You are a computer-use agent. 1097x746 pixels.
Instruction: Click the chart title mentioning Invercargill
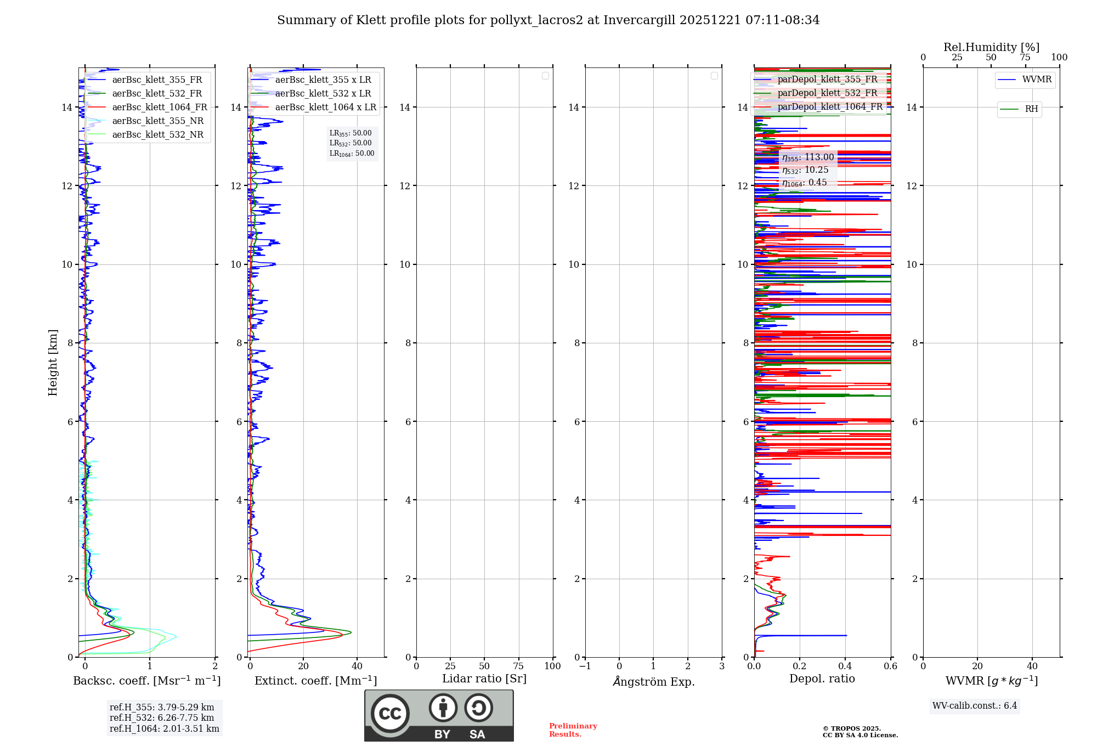click(548, 20)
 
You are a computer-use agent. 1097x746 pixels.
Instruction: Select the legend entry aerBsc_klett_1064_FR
click(159, 108)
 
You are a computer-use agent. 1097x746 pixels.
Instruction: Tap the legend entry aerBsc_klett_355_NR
click(157, 121)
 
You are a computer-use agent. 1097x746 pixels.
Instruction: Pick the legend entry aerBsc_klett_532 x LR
click(323, 94)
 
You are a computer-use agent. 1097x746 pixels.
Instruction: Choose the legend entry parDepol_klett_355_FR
click(827, 80)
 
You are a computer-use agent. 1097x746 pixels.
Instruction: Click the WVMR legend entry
click(1036, 80)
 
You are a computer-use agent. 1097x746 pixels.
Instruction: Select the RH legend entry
click(1031, 109)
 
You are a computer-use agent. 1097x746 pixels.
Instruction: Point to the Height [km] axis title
click(53, 363)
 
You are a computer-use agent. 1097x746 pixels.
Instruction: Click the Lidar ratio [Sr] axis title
click(484, 679)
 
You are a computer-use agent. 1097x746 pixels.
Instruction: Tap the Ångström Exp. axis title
click(653, 681)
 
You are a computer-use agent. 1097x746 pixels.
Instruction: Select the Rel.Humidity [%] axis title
click(991, 47)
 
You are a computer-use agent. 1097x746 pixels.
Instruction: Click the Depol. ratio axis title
click(822, 679)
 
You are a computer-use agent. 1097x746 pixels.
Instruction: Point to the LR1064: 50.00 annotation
click(352, 154)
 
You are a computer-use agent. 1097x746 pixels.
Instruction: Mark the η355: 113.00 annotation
click(808, 157)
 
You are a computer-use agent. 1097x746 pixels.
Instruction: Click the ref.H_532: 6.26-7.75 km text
click(162, 718)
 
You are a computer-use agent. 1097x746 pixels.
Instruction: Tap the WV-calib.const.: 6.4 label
click(975, 706)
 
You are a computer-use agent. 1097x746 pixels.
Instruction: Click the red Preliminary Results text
click(573, 730)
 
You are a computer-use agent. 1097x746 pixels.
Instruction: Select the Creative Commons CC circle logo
click(390, 713)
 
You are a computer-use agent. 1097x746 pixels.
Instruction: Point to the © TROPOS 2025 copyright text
click(851, 729)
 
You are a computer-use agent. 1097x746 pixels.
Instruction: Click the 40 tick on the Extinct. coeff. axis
click(357, 666)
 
